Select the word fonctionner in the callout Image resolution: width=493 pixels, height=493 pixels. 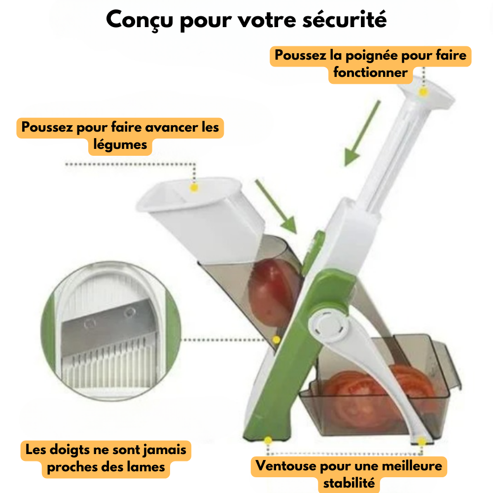370,72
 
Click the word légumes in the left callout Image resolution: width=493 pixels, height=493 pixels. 120,145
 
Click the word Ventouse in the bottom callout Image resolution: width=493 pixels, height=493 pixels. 285,466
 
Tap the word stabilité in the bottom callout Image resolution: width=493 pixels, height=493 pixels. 349,483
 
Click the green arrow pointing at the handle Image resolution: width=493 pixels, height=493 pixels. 362,133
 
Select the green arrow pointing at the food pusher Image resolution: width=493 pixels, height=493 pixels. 276,207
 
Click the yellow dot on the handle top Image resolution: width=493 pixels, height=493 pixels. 423,92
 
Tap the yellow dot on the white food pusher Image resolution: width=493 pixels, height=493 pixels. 194,188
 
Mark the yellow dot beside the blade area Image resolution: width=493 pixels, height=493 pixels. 276,340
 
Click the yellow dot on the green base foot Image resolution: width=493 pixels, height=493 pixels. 268,440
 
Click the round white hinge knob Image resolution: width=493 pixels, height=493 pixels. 328,326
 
